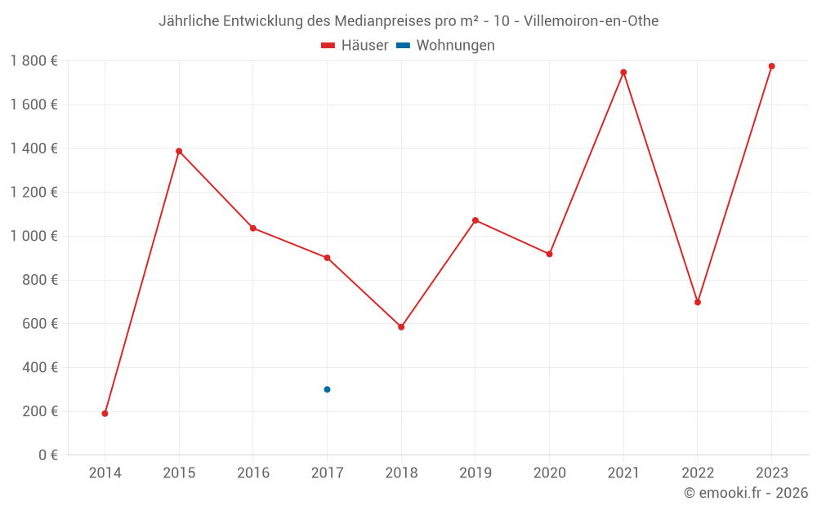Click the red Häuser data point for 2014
point(105,414)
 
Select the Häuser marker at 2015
point(179,151)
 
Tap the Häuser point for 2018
point(401,327)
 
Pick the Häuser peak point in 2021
point(623,73)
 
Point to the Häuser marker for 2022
point(698,302)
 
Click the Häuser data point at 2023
point(771,66)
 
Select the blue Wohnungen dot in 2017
point(327,389)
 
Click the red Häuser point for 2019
point(475,220)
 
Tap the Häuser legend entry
point(355,46)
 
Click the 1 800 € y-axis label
point(33,60)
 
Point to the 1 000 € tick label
point(33,236)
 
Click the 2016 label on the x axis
point(253,472)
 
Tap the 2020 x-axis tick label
point(549,472)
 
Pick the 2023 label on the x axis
point(771,472)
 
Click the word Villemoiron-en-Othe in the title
point(591,21)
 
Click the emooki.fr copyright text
point(746,493)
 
